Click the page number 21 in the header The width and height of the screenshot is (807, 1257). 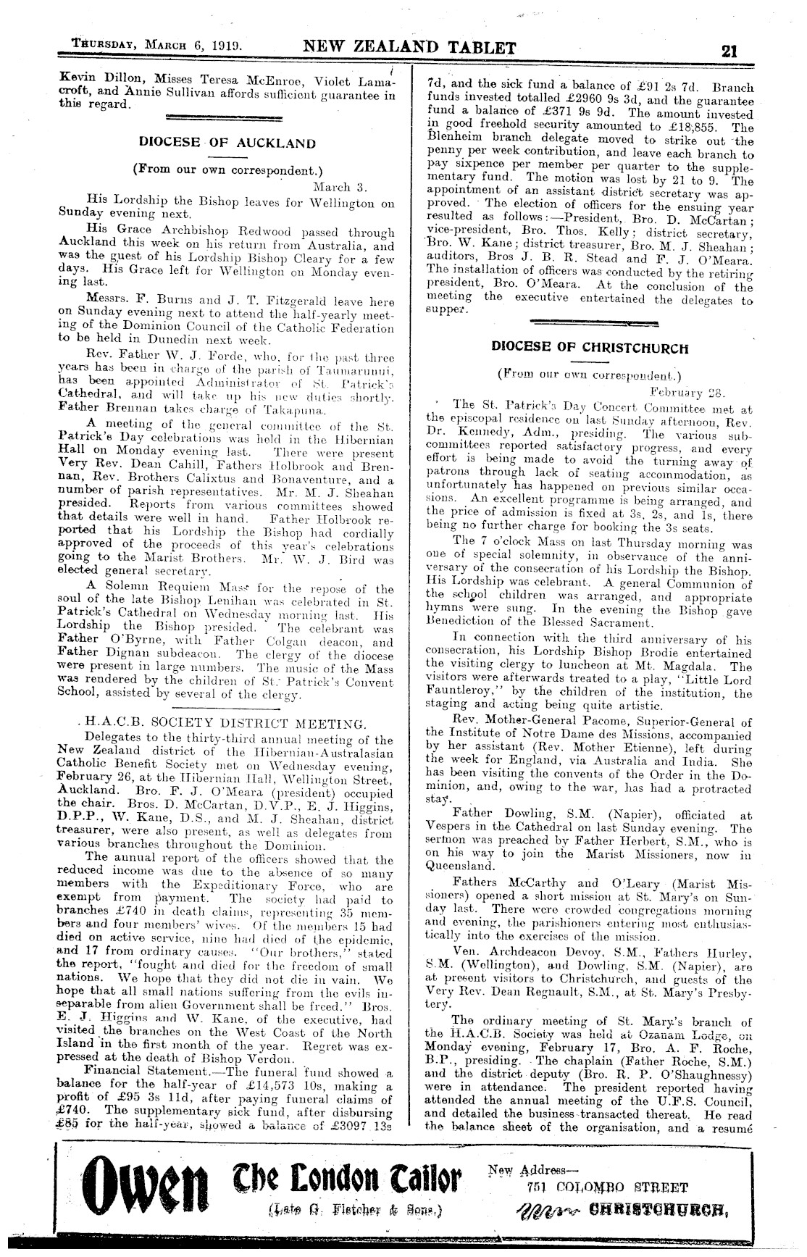pos(729,50)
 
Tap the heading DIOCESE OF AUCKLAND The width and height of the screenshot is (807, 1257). pos(227,143)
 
